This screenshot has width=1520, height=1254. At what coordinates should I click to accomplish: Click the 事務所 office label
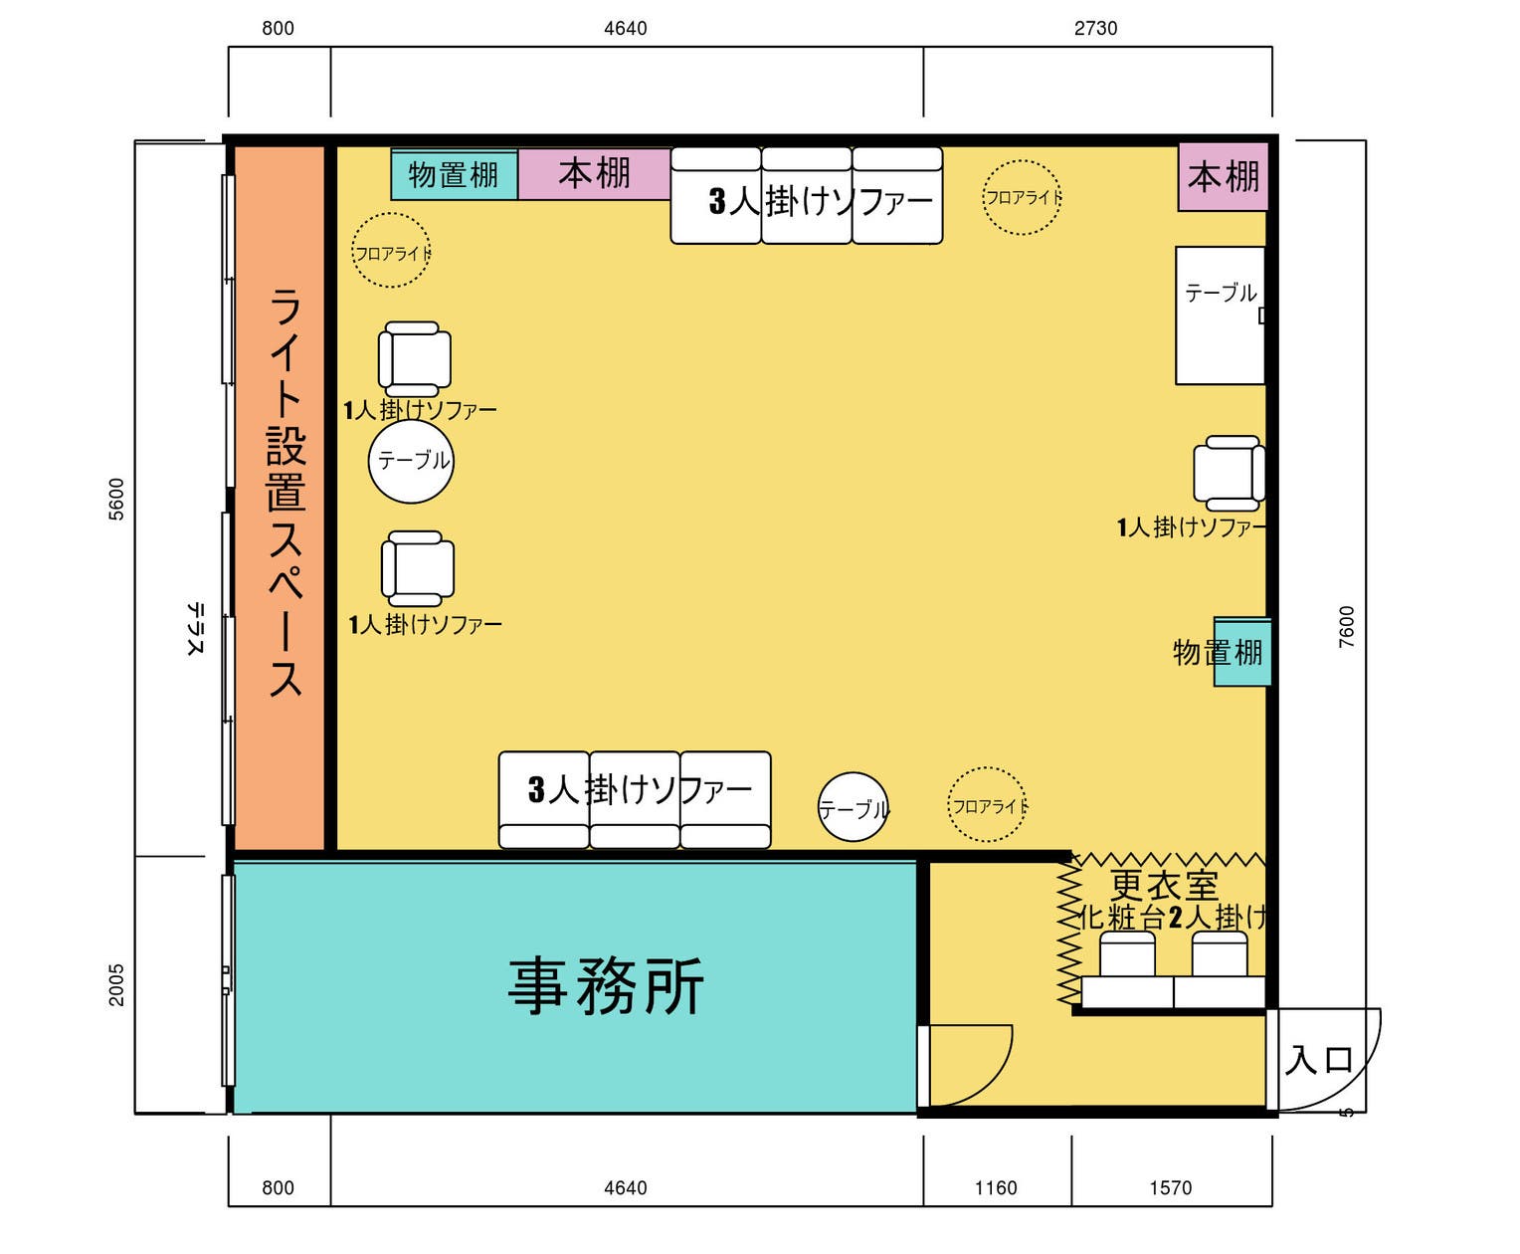click(606, 986)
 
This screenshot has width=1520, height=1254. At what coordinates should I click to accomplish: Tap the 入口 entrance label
click(1319, 1060)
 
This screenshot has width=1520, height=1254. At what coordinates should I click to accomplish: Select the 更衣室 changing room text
click(1164, 885)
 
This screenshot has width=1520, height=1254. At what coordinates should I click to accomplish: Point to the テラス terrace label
click(195, 629)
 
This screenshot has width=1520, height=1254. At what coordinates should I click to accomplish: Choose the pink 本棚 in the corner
click(1224, 177)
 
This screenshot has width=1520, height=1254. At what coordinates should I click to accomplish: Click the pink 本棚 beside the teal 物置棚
click(594, 174)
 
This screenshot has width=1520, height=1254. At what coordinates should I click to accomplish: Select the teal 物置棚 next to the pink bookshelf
click(454, 175)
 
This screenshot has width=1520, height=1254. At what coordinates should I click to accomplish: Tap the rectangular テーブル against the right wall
click(1220, 314)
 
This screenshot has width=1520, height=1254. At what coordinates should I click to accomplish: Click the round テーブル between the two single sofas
click(411, 461)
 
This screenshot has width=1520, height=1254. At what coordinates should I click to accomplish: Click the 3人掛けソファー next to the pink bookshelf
click(807, 196)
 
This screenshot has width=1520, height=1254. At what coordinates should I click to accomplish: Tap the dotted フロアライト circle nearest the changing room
click(987, 805)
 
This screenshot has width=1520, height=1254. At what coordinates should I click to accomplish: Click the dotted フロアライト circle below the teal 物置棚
click(391, 251)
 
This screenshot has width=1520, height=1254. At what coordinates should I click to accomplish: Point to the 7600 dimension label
click(1346, 627)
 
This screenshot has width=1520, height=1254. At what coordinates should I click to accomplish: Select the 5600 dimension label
click(116, 499)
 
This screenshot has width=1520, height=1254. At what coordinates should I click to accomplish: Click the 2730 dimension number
click(1095, 28)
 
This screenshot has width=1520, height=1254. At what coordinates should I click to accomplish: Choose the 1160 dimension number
click(996, 1187)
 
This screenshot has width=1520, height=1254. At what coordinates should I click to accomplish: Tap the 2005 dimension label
click(116, 984)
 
